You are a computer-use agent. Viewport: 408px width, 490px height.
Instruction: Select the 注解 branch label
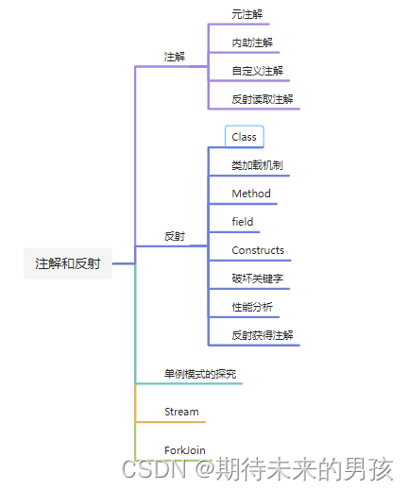click(175, 57)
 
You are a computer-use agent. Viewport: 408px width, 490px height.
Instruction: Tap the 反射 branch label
click(175, 236)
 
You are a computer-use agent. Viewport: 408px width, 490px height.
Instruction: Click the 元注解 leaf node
click(247, 15)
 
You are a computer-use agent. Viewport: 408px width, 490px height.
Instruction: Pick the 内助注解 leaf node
click(252, 42)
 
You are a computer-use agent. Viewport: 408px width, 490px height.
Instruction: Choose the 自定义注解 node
click(257, 71)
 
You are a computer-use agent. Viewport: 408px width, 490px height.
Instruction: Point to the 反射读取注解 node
click(263, 99)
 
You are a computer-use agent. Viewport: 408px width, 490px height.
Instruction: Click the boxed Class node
click(244, 137)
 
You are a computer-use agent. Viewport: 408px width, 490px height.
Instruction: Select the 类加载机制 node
click(257, 165)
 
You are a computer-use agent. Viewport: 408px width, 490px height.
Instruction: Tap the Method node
click(251, 194)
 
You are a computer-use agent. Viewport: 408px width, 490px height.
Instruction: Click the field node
click(243, 222)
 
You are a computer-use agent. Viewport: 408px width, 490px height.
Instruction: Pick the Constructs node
click(258, 250)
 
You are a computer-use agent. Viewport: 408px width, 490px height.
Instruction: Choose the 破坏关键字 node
click(257, 279)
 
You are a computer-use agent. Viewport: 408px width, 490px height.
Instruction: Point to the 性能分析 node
click(252, 307)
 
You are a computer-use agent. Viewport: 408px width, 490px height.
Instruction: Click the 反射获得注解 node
click(263, 335)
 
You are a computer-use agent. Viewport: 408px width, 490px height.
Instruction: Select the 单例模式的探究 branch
click(200, 375)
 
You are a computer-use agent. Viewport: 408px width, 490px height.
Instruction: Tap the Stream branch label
click(181, 412)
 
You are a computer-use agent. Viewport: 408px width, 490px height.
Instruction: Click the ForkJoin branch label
click(184, 450)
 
